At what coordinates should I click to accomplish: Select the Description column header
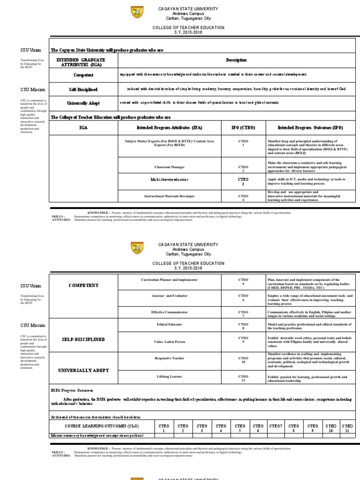tap(236, 60)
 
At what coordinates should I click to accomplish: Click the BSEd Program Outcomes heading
tap(72, 390)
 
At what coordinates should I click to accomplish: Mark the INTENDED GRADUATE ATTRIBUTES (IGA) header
tap(81, 62)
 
